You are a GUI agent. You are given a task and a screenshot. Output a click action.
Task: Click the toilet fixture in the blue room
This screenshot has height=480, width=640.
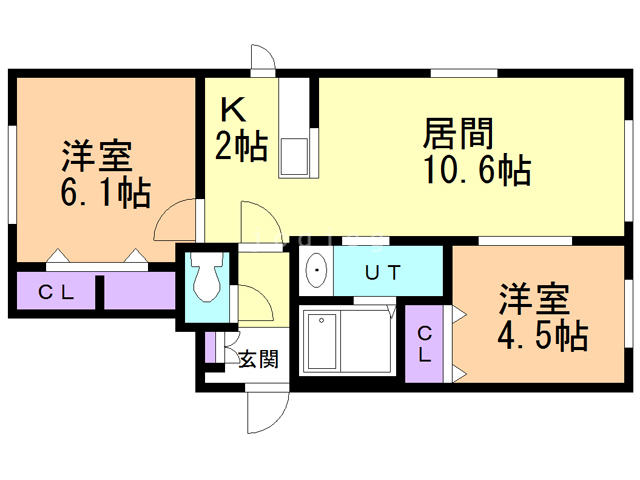pos(208,277)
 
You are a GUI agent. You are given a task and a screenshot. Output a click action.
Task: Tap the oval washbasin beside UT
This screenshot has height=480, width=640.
pos(317,270)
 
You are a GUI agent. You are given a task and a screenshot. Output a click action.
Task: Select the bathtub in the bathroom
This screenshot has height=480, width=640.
pos(323,342)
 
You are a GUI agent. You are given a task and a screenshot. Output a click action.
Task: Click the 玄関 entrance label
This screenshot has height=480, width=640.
pos(258,359)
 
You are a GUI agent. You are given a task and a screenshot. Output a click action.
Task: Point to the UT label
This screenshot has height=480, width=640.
pos(383,273)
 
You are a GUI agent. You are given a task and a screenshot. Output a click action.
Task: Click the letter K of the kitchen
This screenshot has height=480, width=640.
pos(233,109)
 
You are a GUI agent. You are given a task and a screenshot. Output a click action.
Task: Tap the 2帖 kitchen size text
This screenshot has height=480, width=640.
pos(242,145)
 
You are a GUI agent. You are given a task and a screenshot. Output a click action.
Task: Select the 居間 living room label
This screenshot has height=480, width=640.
pos(458,133)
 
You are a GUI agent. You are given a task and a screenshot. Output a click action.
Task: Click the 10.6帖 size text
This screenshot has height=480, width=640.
pos(478,169)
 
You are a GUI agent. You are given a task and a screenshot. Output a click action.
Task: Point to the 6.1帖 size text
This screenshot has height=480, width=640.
pos(106,192)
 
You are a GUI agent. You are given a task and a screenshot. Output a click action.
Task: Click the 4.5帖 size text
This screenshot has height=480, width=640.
pos(543,336)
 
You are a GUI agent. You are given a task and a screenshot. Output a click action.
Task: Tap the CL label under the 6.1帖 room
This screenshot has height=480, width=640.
pos(56,292)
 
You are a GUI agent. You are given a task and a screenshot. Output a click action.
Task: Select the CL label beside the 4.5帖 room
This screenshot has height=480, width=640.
pos(424,344)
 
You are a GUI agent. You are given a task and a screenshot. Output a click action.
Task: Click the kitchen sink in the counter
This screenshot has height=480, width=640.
pos(293,156)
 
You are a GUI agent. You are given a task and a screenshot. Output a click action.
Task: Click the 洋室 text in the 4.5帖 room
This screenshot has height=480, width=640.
pos(534,299)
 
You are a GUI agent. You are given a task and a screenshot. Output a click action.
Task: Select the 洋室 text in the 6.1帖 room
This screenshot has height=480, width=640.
pos(97,155)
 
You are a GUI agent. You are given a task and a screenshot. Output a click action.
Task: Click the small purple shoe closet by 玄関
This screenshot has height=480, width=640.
pos(210,348)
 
